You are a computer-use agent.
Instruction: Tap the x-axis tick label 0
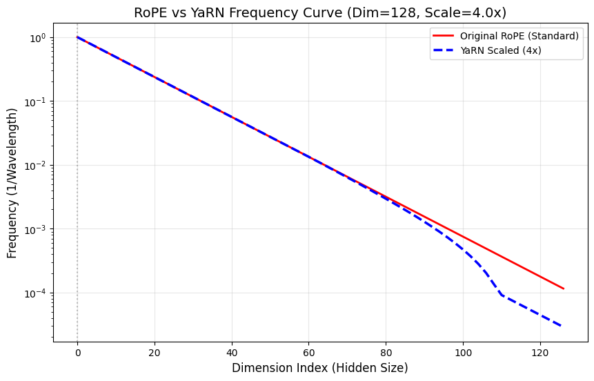(x=77, y=352)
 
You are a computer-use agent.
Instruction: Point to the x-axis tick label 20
(x=155, y=352)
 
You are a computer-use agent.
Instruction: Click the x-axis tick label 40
(x=232, y=352)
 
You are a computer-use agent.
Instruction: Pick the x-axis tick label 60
(x=309, y=352)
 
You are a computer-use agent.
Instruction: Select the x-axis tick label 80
(x=386, y=352)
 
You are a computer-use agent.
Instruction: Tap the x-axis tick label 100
(x=464, y=352)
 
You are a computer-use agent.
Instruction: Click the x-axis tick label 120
(x=541, y=352)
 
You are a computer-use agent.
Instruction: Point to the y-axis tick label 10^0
(x=38, y=38)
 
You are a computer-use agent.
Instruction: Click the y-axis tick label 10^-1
(x=37, y=102)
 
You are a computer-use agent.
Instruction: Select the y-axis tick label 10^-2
(x=37, y=166)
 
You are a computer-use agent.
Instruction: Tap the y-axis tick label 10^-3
(x=37, y=230)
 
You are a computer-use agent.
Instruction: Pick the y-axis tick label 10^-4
(x=37, y=293)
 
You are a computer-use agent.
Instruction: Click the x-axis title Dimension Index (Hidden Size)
(x=320, y=368)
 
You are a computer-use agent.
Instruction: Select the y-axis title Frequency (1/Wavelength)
(x=12, y=183)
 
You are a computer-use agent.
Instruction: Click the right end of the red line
(x=564, y=289)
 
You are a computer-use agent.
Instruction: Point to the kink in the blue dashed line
(x=502, y=295)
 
